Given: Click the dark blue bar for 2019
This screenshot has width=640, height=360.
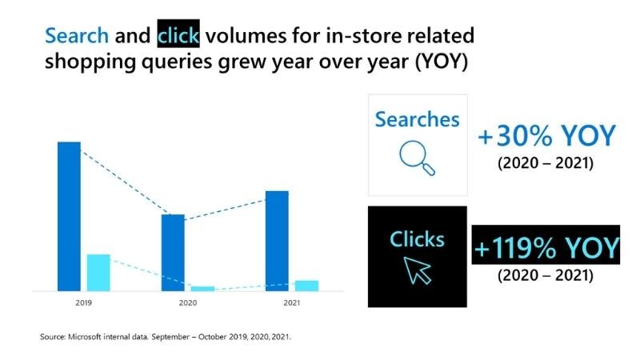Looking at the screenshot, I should coord(69,216).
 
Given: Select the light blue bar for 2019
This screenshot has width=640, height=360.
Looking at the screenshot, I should coord(98,272).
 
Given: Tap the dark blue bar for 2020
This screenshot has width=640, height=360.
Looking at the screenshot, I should coord(173,252).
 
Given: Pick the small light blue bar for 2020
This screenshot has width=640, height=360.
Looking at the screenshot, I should coord(203,288).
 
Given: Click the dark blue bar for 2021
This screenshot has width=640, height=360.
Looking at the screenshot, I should coord(277,240).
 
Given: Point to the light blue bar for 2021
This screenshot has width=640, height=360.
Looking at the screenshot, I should coord(306,286).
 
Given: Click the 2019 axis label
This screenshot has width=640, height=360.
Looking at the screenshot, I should coord(83,304).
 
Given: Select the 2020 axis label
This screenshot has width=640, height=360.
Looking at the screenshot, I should coord(187,304).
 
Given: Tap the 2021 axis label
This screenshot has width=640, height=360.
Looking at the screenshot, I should coord(291,304).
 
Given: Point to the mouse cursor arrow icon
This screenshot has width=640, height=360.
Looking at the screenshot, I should coord(418,270).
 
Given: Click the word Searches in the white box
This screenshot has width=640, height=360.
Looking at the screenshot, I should coord(417,120).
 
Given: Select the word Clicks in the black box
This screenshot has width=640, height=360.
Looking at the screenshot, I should coord(417,238).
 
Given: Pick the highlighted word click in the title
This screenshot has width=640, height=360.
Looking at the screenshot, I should coord(178,36).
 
